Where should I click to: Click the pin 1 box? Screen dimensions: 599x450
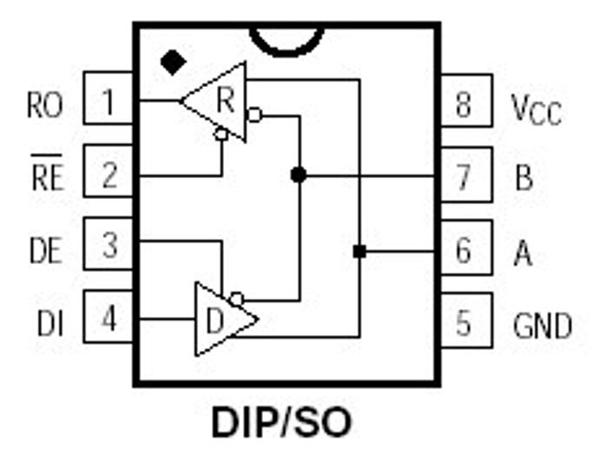(109, 98)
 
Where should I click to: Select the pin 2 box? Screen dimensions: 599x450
(109, 171)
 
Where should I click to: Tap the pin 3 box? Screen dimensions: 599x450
(109, 244)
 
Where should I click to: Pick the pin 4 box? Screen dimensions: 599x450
(109, 316)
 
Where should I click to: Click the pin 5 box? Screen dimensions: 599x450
(466, 321)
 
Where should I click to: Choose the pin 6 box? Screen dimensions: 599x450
(466, 248)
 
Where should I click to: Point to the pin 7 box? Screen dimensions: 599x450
(466, 175)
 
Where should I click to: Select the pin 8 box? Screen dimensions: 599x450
(466, 101)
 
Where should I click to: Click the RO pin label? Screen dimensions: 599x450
(45, 105)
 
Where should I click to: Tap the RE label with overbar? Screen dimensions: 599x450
(47, 172)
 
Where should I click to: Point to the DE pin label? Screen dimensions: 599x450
(46, 250)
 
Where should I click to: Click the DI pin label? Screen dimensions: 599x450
(50, 323)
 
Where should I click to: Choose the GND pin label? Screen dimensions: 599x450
(543, 326)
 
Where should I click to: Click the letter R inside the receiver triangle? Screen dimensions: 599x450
(226, 99)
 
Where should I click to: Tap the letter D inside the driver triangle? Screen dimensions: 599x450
(214, 321)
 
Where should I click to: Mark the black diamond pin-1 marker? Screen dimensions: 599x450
(174, 63)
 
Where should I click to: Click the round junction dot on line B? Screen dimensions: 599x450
(299, 175)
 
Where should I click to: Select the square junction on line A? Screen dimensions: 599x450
(359, 252)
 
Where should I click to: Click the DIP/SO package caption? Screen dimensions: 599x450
(282, 423)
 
